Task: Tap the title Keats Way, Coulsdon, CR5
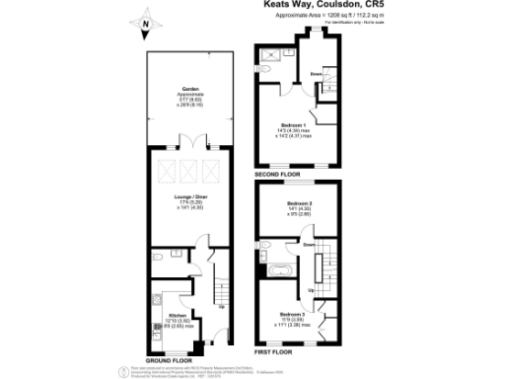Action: pyautogui.click(x=314, y=5)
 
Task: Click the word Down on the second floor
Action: pyautogui.click(x=315, y=74)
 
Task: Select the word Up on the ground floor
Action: pyautogui.click(x=220, y=307)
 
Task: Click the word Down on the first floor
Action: pyautogui.click(x=309, y=244)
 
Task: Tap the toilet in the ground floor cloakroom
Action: pyautogui.click(x=161, y=256)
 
